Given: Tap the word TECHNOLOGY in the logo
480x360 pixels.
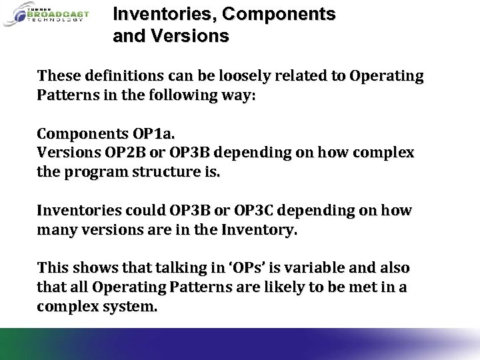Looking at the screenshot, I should coord(56,20).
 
